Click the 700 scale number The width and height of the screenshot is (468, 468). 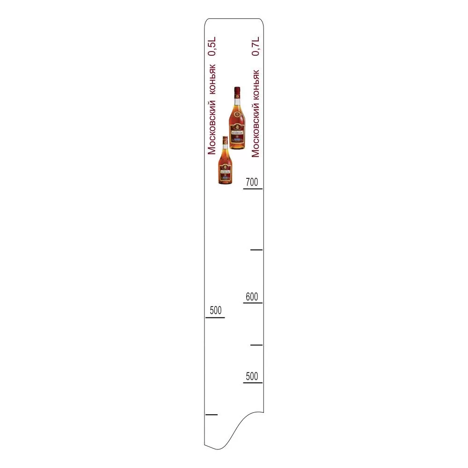pyautogui.click(x=252, y=182)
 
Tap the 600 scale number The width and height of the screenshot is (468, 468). pyautogui.click(x=252, y=297)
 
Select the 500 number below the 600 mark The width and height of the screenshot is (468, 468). pyautogui.click(x=252, y=376)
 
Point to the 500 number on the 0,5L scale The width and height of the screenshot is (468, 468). pyautogui.click(x=215, y=310)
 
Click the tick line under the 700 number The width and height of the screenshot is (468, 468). pyautogui.click(x=253, y=189)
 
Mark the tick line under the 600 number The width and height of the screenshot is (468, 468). pyautogui.click(x=253, y=303)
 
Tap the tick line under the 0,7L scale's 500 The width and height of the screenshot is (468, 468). pyautogui.click(x=253, y=383)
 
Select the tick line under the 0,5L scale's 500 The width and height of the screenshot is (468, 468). pyautogui.click(x=215, y=318)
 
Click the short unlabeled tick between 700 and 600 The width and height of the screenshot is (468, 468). pyautogui.click(x=256, y=250)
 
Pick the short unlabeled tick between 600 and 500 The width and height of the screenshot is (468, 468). pyautogui.click(x=256, y=345)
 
